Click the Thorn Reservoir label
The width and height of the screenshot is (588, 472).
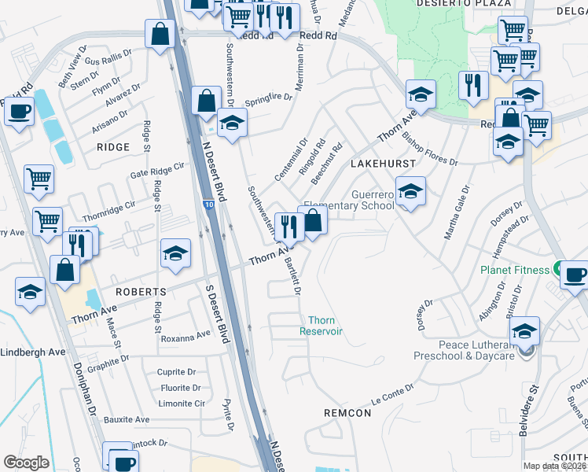[x=322, y=326]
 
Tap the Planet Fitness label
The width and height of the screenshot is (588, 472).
[x=515, y=270]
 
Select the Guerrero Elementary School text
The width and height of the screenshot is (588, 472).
[x=349, y=200]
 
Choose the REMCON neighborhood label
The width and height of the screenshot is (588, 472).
[x=347, y=413]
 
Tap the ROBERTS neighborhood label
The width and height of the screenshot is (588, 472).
[x=140, y=291]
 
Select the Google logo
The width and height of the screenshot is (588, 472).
[x=26, y=463]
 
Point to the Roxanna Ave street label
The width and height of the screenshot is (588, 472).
[x=186, y=336]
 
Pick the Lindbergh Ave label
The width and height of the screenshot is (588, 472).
[x=33, y=352]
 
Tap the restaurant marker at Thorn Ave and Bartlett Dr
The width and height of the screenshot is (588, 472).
[x=289, y=227]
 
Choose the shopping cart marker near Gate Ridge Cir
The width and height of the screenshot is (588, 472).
[x=39, y=179]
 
